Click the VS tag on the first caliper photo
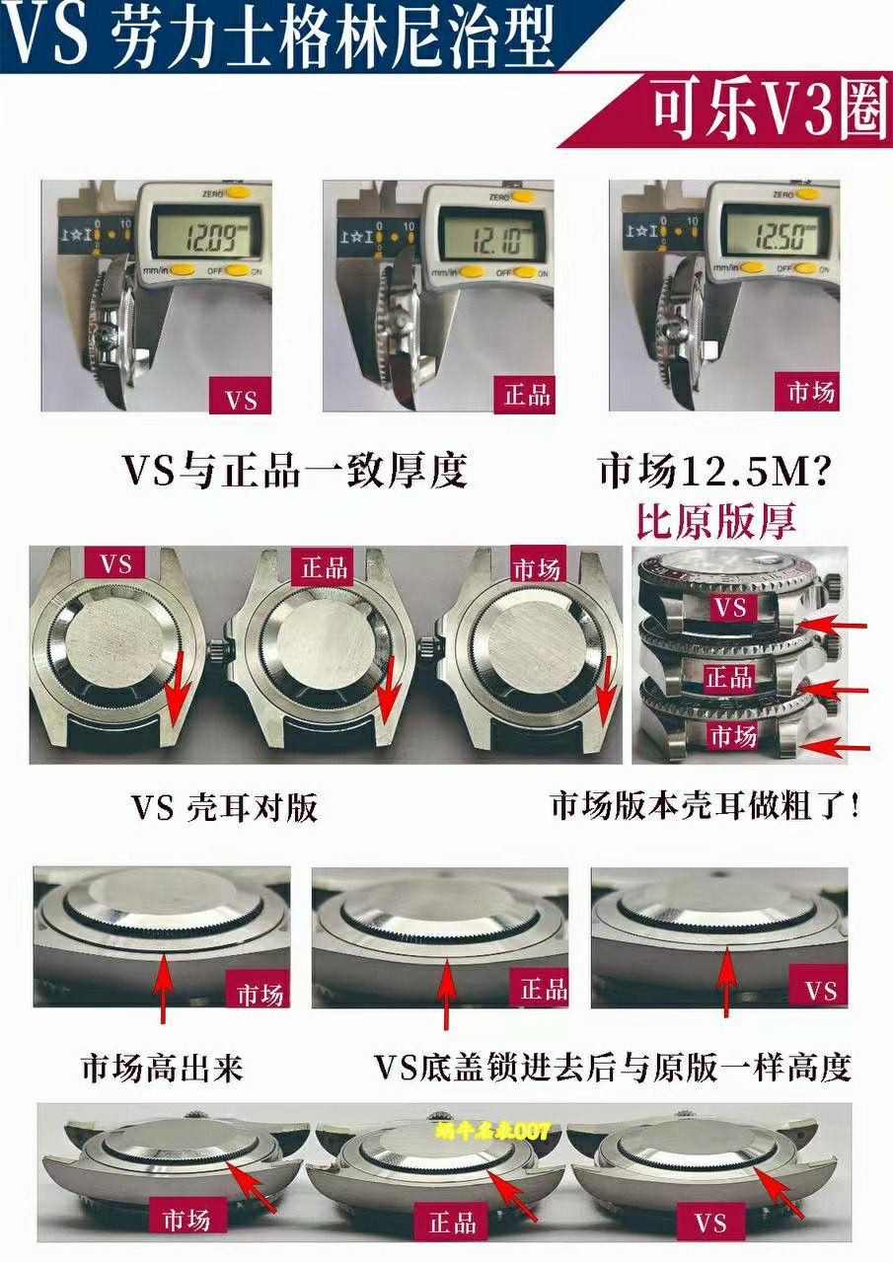(241, 399)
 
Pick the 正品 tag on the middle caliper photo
(526, 396)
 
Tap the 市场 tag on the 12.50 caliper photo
(811, 393)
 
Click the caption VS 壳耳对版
(224, 808)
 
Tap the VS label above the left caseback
(115, 565)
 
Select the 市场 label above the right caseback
(536, 568)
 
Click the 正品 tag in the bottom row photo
(453, 1224)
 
